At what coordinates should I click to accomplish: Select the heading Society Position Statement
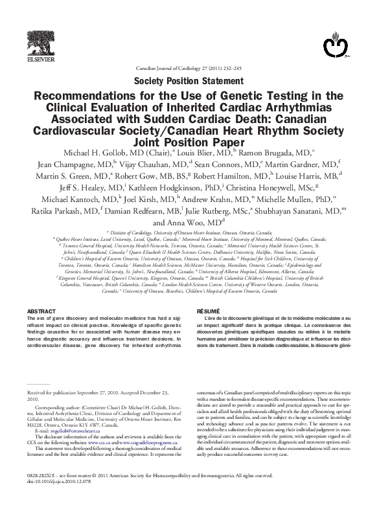point(189,81)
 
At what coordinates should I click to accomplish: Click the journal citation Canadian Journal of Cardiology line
point(189,67)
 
